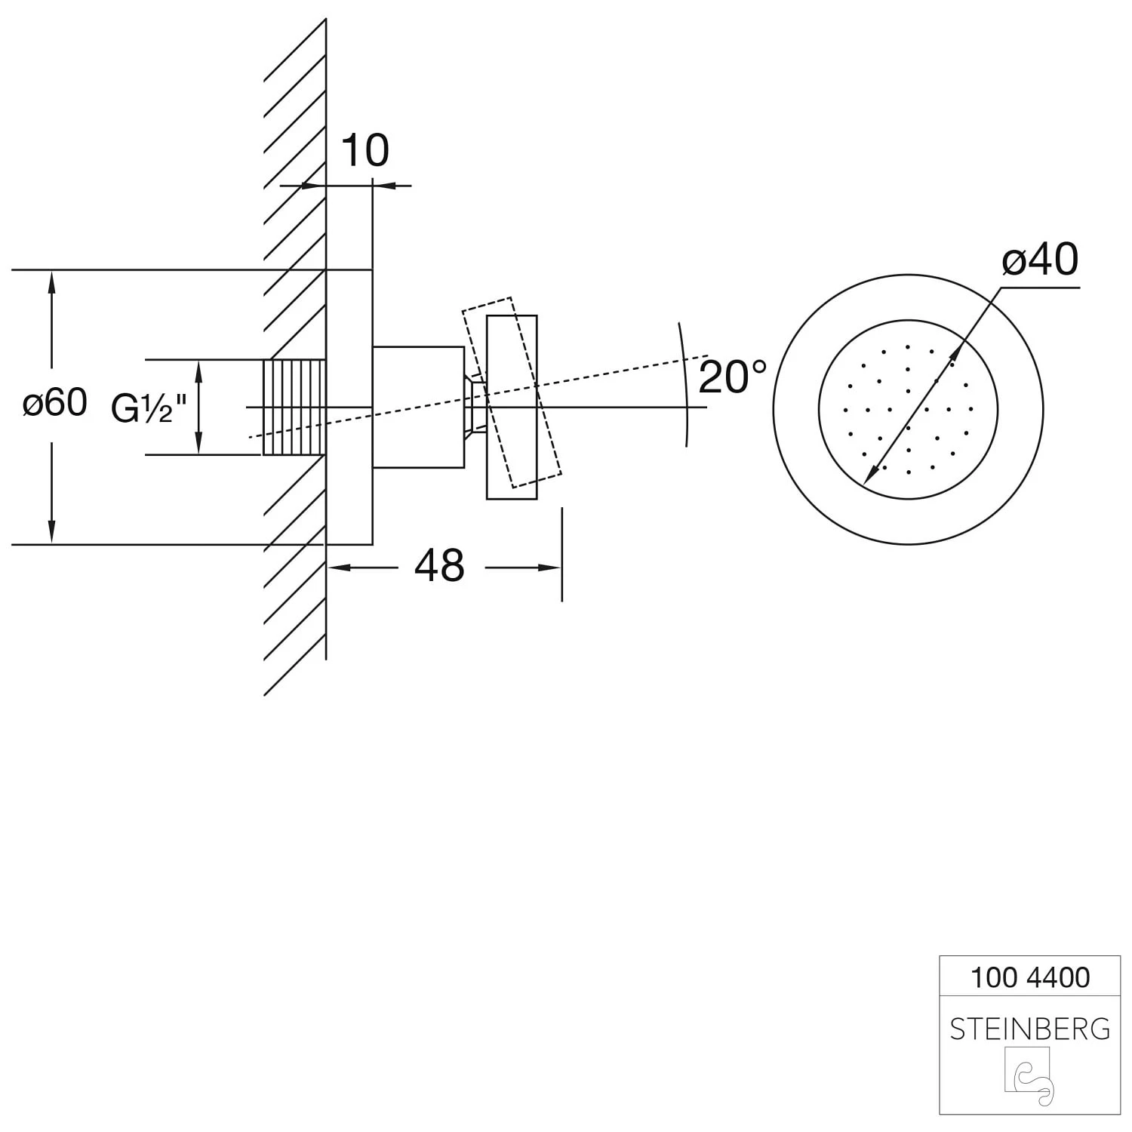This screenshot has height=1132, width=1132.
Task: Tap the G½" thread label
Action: tap(149, 408)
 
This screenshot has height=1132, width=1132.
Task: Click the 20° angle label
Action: tap(732, 377)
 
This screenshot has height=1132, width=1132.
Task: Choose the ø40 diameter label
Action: tap(1040, 260)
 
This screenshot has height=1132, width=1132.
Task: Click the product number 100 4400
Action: tap(1029, 978)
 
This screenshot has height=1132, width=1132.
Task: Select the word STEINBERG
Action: tap(1029, 1029)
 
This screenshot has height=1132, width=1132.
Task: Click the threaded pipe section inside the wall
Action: tap(294, 408)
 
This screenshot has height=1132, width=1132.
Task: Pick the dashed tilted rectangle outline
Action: tap(512, 392)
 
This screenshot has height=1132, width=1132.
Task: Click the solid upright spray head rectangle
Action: tap(512, 407)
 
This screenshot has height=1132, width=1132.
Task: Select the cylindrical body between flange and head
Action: tap(418, 407)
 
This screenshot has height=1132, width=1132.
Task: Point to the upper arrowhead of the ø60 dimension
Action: tap(51, 280)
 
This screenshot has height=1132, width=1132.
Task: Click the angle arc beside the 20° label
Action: tap(685, 384)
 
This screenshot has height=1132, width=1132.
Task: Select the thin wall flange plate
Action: tap(349, 407)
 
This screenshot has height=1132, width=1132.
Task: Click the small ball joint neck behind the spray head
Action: tap(475, 407)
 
